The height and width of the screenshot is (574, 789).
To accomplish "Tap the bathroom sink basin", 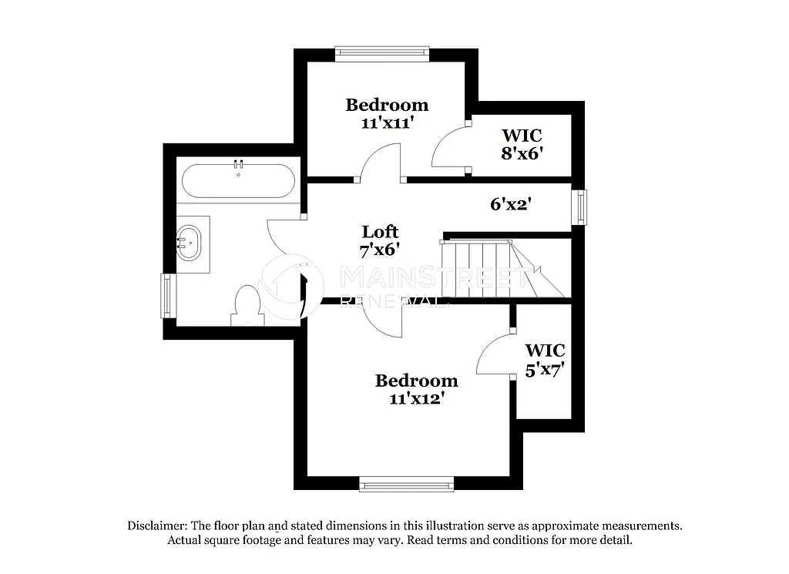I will point(190,243).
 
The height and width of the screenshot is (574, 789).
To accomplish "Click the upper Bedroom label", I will point(387,105).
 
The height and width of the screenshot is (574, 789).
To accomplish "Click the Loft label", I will point(381,232).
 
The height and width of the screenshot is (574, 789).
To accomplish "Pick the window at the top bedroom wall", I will point(381,52).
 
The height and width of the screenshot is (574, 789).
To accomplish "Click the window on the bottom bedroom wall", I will point(406,484).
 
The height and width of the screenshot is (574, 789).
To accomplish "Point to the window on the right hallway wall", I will point(579,207).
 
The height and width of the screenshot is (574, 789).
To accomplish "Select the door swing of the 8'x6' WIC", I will point(448,149).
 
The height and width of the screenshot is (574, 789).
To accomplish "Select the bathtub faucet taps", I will point(239,164).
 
